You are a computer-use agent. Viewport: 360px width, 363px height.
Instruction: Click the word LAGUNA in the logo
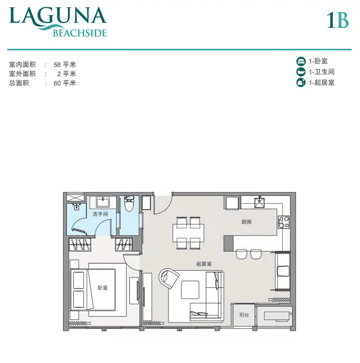(58, 16)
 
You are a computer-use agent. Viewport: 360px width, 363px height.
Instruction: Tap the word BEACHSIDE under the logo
(80, 33)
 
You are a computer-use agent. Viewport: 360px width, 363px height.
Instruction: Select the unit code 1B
(338, 20)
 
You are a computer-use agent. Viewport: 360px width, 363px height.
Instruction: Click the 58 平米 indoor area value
(65, 64)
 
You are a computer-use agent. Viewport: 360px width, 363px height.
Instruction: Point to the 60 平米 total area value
(65, 83)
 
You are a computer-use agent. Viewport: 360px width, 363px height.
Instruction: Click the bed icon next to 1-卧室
(301, 62)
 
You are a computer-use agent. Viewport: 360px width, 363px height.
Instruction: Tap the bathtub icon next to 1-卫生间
(301, 72)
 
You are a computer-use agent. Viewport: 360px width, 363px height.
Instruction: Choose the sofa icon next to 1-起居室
(301, 83)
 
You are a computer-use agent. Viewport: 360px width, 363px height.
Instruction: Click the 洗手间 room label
(100, 214)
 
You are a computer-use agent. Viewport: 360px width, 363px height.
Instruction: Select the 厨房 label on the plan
(246, 222)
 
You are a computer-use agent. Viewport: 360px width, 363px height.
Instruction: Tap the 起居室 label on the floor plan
(204, 264)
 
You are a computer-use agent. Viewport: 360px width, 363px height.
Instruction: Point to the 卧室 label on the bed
(102, 288)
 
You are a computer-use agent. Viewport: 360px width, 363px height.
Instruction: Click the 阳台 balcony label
(244, 315)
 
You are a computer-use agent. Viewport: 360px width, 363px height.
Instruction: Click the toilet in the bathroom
(129, 204)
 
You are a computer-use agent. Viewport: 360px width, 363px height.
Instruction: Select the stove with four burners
(284, 222)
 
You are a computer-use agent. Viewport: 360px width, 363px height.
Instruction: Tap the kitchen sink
(259, 202)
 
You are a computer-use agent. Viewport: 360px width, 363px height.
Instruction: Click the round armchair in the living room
(169, 278)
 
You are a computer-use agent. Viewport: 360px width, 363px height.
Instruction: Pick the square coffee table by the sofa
(190, 290)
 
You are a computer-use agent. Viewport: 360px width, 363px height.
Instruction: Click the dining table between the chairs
(188, 233)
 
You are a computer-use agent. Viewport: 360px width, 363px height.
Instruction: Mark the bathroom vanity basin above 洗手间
(103, 202)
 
